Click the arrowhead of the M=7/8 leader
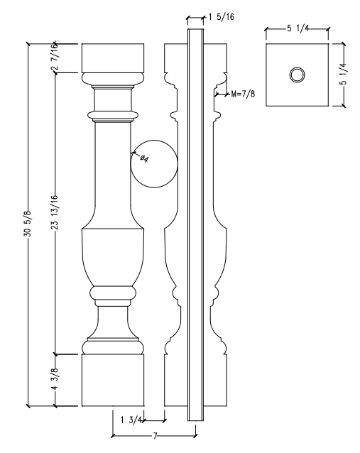(x=215, y=92)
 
